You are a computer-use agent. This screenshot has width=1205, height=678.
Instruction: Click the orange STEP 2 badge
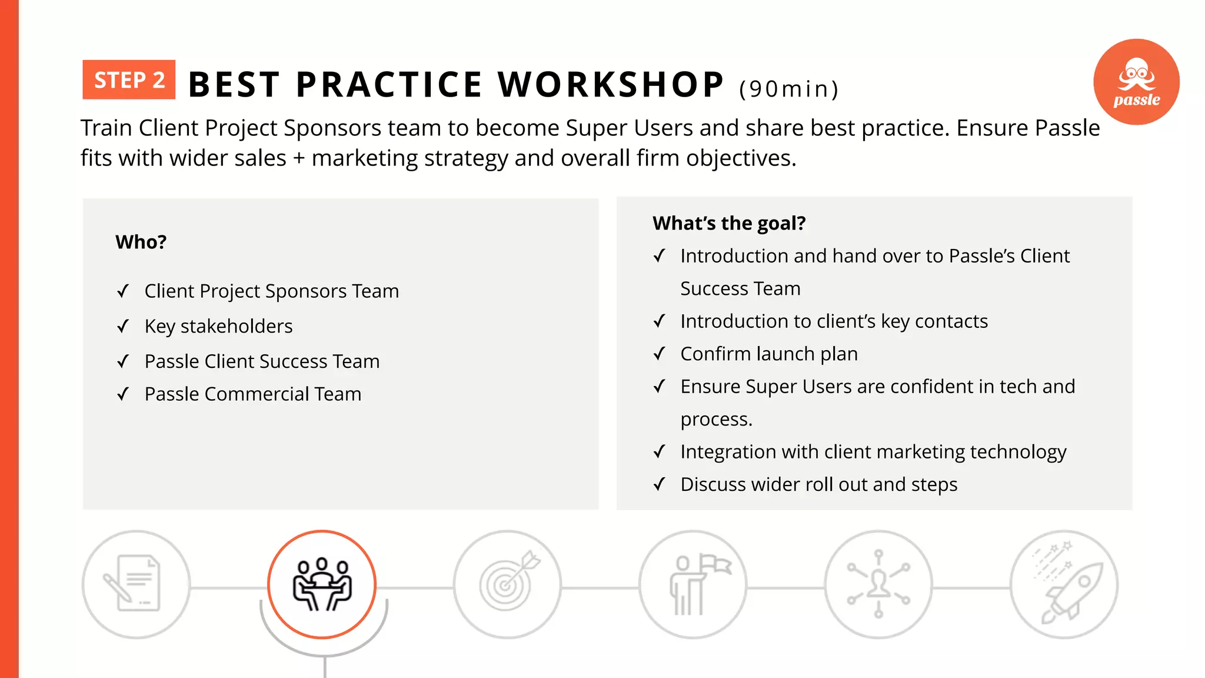click(129, 79)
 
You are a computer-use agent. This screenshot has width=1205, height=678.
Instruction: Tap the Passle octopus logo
click(1136, 81)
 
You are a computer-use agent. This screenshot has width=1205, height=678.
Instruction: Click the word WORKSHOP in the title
click(611, 84)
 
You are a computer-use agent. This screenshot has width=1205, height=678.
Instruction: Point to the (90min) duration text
click(788, 89)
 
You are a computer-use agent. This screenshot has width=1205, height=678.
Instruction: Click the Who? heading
click(141, 242)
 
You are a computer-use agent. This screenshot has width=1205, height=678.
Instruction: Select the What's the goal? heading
click(729, 223)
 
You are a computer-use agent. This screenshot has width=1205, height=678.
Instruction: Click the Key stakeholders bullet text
click(218, 326)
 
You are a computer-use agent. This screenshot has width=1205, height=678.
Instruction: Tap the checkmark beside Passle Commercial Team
click(123, 394)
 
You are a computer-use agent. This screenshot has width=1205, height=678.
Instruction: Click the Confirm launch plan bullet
click(768, 354)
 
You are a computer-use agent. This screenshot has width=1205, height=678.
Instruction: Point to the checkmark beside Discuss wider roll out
click(660, 484)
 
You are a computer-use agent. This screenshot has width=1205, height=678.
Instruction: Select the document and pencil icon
click(136, 584)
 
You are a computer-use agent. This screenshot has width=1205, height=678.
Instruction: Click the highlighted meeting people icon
click(322, 584)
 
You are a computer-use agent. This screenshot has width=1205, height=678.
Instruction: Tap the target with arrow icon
click(508, 584)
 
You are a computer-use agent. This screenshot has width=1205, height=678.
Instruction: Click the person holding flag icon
click(693, 584)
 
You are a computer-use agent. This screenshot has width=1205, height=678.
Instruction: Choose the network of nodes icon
click(878, 584)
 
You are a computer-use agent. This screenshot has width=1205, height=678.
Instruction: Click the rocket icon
click(1064, 584)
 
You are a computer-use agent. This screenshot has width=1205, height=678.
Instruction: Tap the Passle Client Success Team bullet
click(262, 361)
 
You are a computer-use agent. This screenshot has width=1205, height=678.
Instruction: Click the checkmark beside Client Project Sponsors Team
click(123, 291)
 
